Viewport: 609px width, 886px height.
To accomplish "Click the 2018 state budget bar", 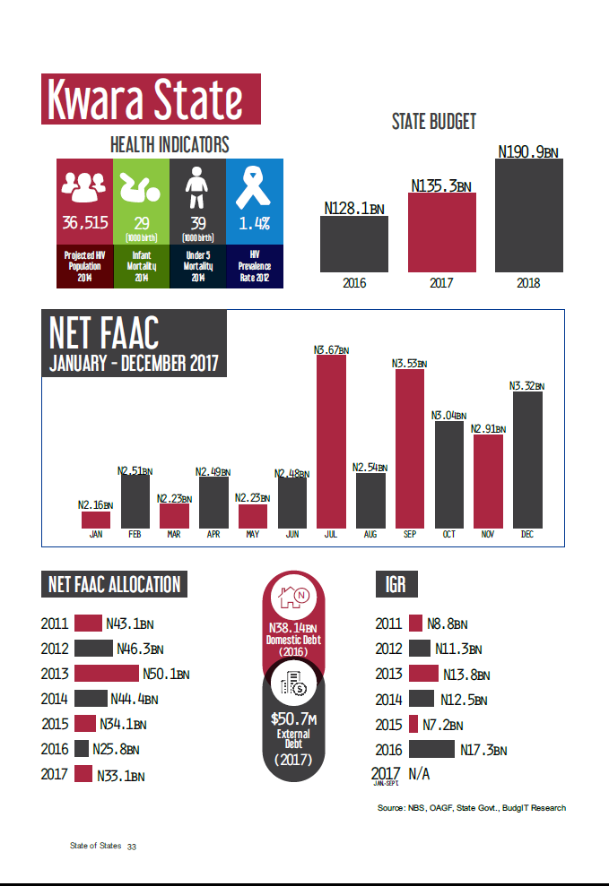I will pos(529,216).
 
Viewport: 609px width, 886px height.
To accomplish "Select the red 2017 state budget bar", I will pos(442,232).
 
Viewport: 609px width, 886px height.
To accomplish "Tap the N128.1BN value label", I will pos(354,209).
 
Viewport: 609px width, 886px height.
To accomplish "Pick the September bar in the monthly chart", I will pos(410,447).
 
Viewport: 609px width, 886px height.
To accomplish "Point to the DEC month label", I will pos(527,535).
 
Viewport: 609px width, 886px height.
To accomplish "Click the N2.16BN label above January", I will pos(95,505).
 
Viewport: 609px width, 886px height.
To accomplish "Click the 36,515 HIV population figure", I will pos(84,222).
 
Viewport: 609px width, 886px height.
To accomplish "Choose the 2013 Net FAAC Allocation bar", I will pos(106,673).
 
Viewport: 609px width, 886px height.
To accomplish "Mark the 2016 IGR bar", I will pos(431,749).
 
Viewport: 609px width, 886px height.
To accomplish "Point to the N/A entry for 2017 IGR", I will pos(419,773).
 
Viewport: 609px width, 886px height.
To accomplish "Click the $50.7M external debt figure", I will pos(293,718).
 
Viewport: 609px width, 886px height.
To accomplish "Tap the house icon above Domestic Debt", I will pos(293,596).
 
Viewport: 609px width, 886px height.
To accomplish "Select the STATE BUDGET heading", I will pos(434,122).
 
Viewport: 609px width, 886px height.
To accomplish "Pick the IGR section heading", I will pos(396,585).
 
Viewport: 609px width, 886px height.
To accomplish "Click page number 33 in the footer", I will pos(131,847).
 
